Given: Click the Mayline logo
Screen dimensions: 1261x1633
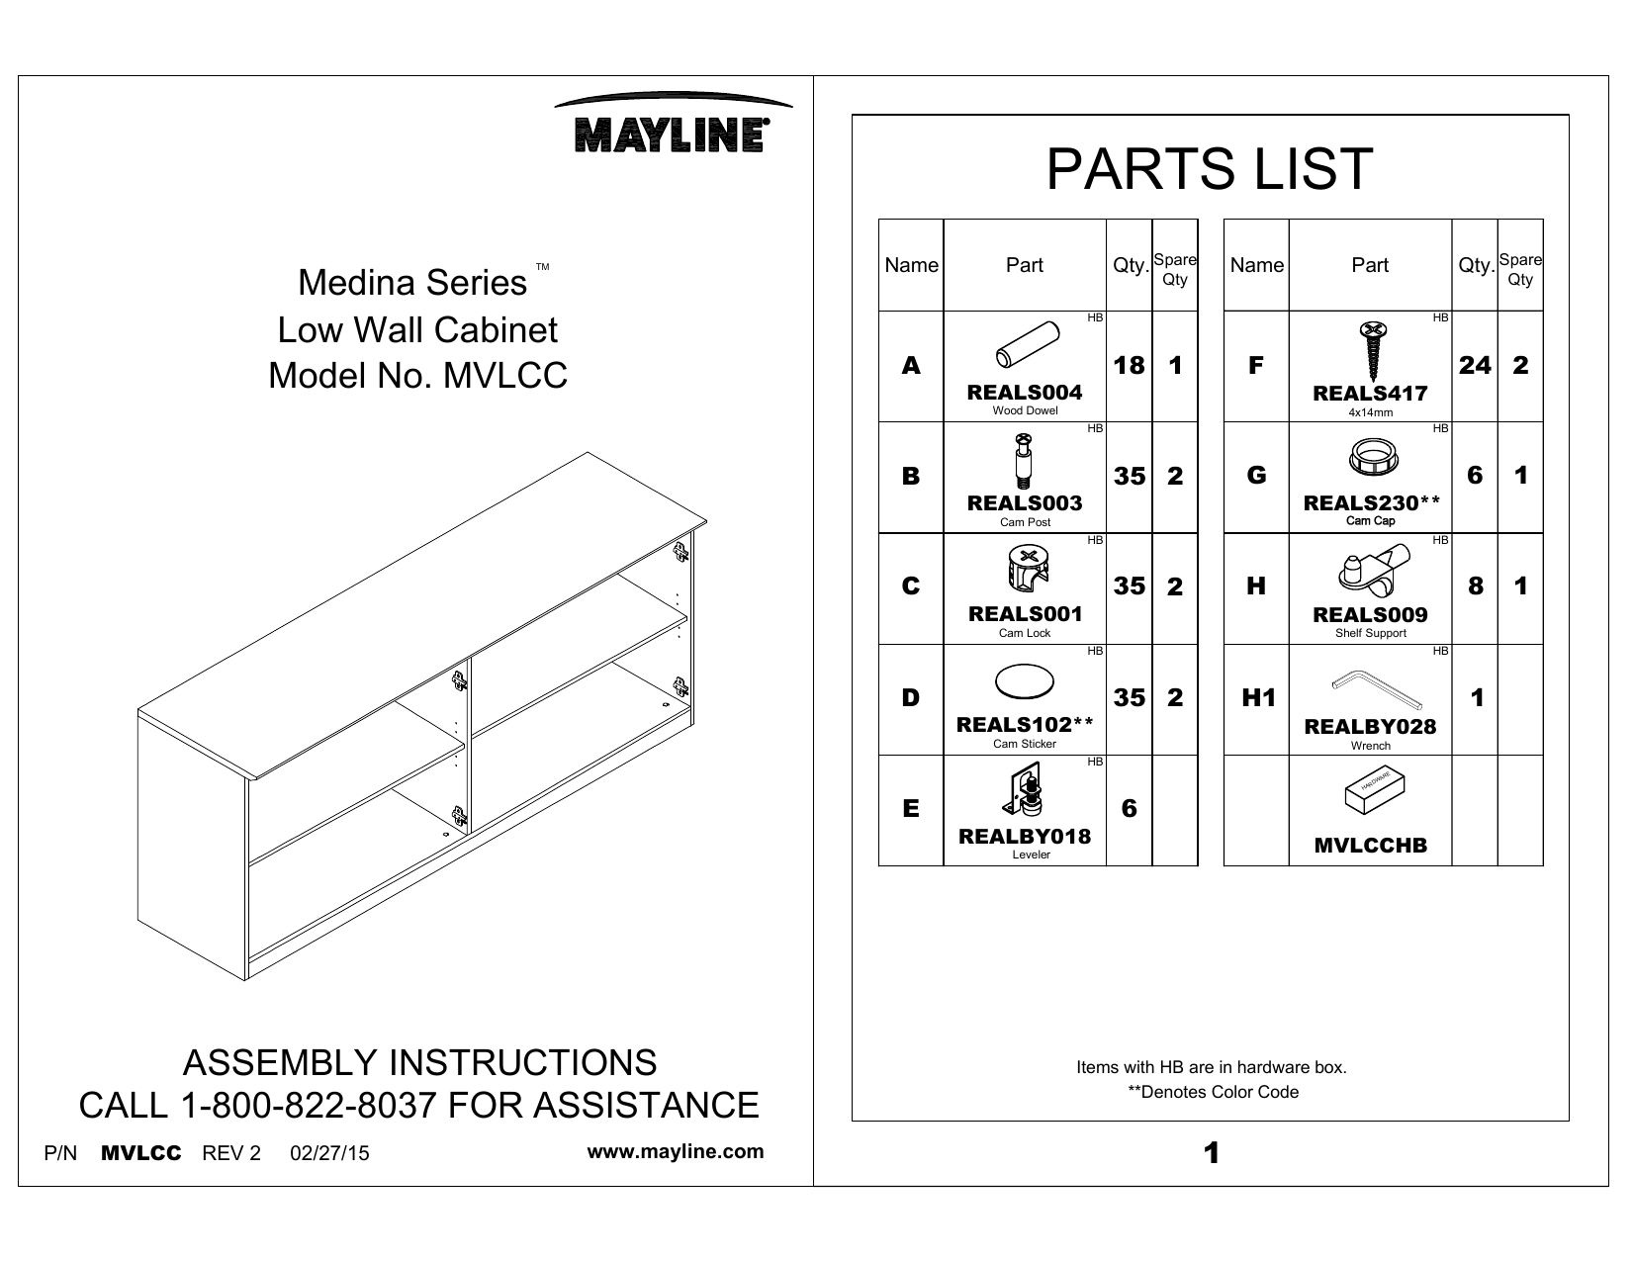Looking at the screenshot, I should point(674,127).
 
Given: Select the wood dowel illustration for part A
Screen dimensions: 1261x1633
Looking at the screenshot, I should point(1025,346).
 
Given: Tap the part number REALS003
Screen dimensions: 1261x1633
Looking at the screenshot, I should point(1025,502).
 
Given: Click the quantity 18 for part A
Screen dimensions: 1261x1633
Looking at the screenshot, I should point(1129,366).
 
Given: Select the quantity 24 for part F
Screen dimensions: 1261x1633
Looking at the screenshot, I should point(1474,366).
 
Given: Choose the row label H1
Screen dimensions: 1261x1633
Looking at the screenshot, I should point(1257,698).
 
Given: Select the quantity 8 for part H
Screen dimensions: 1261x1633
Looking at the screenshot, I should point(1475,586).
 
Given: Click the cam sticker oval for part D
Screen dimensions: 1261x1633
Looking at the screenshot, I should point(1025,682).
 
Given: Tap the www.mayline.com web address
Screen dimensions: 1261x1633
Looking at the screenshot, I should point(676,1152).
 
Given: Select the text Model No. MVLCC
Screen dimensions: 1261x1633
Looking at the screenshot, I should point(418,376).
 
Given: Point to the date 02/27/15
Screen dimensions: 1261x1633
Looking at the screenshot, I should point(329,1153).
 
